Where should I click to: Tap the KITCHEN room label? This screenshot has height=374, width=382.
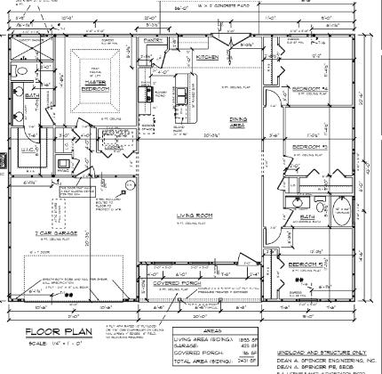pyautogui.click(x=207, y=56)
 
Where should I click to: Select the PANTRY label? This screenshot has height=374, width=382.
pyautogui.click(x=152, y=40)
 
